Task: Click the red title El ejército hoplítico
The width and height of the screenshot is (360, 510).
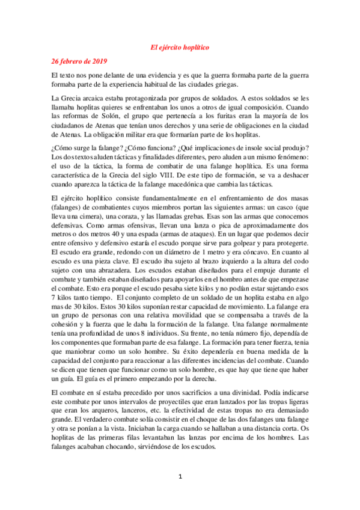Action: point(180,46)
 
